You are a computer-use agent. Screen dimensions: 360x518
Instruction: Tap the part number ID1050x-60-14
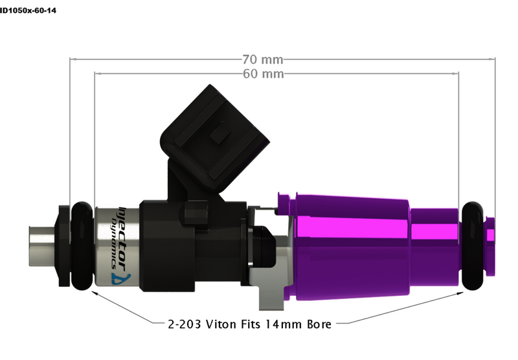point(29,10)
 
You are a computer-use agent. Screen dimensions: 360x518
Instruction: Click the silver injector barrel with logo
point(117,246)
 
